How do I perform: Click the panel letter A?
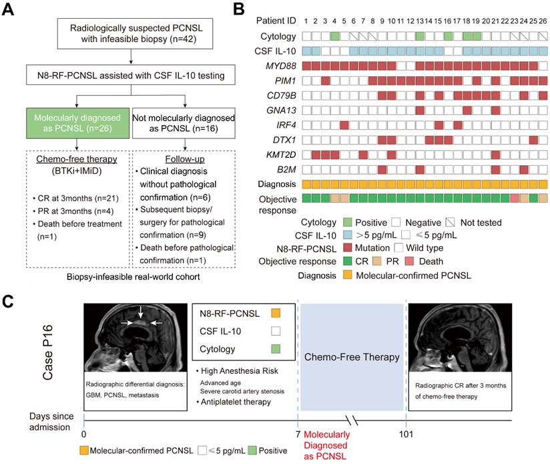pyautogui.click(x=8, y=9)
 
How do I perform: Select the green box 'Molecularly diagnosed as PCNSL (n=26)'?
pyautogui.click(x=77, y=123)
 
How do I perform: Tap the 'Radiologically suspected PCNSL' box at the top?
pyautogui.click(x=135, y=33)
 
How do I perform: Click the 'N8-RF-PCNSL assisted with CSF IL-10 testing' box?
pyautogui.click(x=131, y=75)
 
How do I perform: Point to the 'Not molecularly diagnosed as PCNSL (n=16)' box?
pyautogui.click(x=184, y=123)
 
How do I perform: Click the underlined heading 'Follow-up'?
pyautogui.click(x=185, y=159)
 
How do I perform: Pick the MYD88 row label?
pyautogui.click(x=281, y=66)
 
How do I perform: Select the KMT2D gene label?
pyautogui.click(x=281, y=155)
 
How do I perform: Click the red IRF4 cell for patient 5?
pyautogui.click(x=344, y=125)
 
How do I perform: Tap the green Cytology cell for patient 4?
pyautogui.click(x=334, y=36)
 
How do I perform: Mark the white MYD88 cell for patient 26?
pyautogui.click(x=543, y=66)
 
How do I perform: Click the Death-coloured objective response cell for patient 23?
pyautogui.click(x=515, y=198)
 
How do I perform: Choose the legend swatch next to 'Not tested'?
pyautogui.click(x=450, y=223)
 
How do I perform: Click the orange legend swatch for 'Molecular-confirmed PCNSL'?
pyautogui.click(x=348, y=275)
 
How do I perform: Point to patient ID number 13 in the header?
pyautogui.click(x=420, y=21)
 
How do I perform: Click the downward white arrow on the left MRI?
pyautogui.click(x=140, y=312)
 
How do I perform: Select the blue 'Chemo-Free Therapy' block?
pyautogui.click(x=352, y=357)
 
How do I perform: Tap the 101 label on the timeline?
pyautogui.click(x=406, y=435)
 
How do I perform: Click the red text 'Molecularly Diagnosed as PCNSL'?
pyautogui.click(x=326, y=445)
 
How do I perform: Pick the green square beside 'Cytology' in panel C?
pyautogui.click(x=276, y=349)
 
